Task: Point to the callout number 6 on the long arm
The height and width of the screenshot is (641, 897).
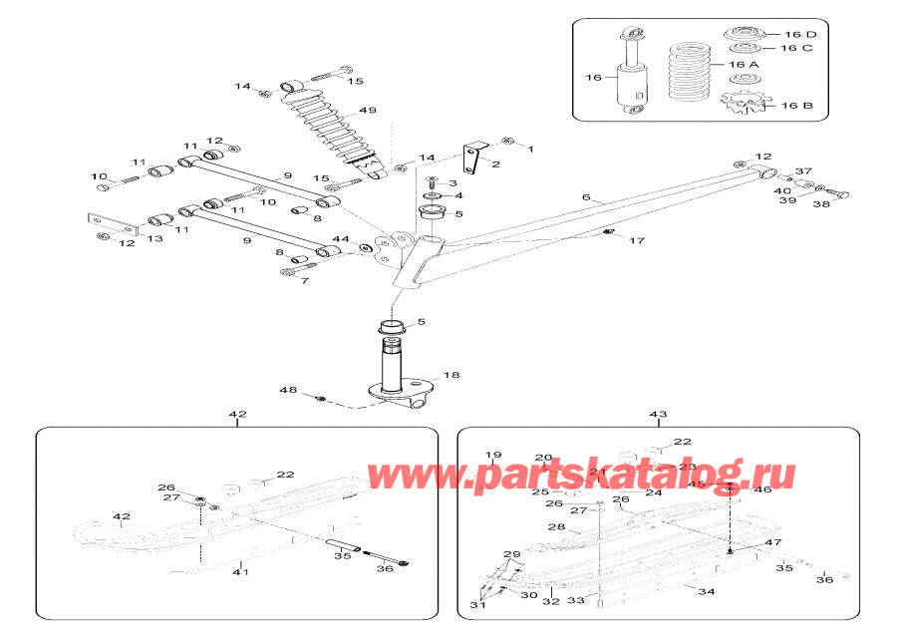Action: (x=587, y=197)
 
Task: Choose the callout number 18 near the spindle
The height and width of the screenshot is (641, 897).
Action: (x=451, y=376)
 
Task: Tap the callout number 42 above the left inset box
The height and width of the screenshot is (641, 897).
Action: (x=237, y=414)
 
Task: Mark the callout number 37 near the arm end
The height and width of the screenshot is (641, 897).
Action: (x=804, y=170)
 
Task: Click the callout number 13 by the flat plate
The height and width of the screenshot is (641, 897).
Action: (x=155, y=238)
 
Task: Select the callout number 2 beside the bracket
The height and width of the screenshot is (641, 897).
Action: (x=496, y=164)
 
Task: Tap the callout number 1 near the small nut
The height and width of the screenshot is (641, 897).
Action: (x=530, y=150)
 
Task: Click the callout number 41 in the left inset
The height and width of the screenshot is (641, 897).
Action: (x=240, y=572)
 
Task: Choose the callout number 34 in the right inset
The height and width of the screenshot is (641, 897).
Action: (x=707, y=591)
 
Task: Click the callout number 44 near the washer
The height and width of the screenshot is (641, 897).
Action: (x=342, y=239)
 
